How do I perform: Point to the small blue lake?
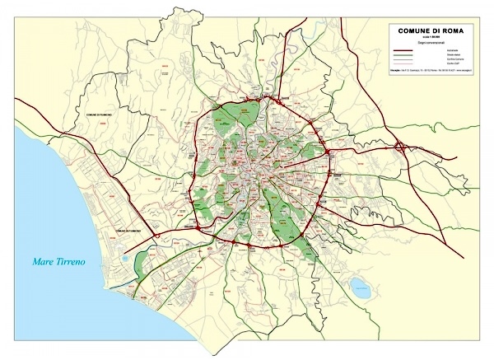359,288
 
